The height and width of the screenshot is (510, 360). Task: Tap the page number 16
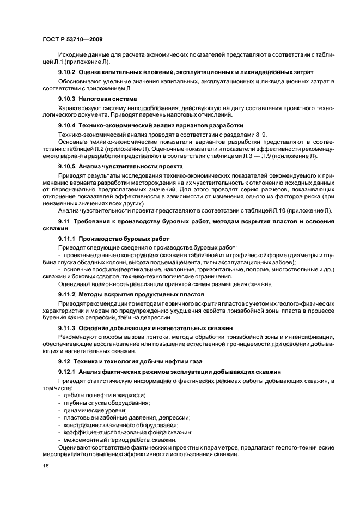coord(46,466)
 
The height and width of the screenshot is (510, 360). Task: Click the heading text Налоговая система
coord(107,99)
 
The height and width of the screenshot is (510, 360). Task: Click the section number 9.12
coord(65,362)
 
